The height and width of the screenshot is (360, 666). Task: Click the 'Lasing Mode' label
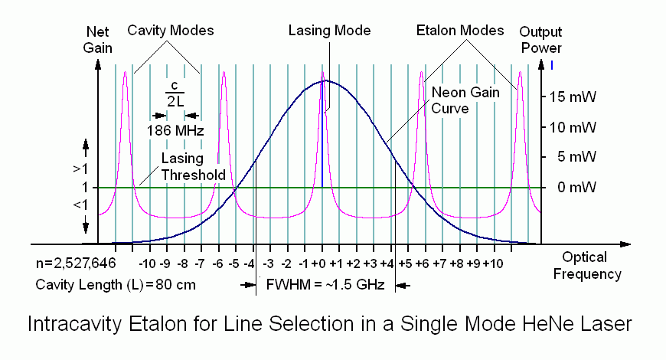(x=329, y=31)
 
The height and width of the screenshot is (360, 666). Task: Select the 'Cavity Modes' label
(x=170, y=31)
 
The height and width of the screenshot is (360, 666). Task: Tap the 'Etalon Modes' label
(x=459, y=31)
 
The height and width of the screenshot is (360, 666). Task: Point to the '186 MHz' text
(x=175, y=130)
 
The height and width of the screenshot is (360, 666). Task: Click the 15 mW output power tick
(x=569, y=97)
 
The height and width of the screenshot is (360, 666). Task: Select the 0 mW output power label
(x=569, y=188)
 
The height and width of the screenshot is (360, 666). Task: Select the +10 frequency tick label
(x=492, y=263)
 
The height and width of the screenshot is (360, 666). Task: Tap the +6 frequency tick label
(x=422, y=263)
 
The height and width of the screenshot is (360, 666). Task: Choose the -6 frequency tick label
(x=219, y=263)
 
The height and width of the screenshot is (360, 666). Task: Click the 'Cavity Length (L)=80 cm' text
(x=116, y=285)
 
